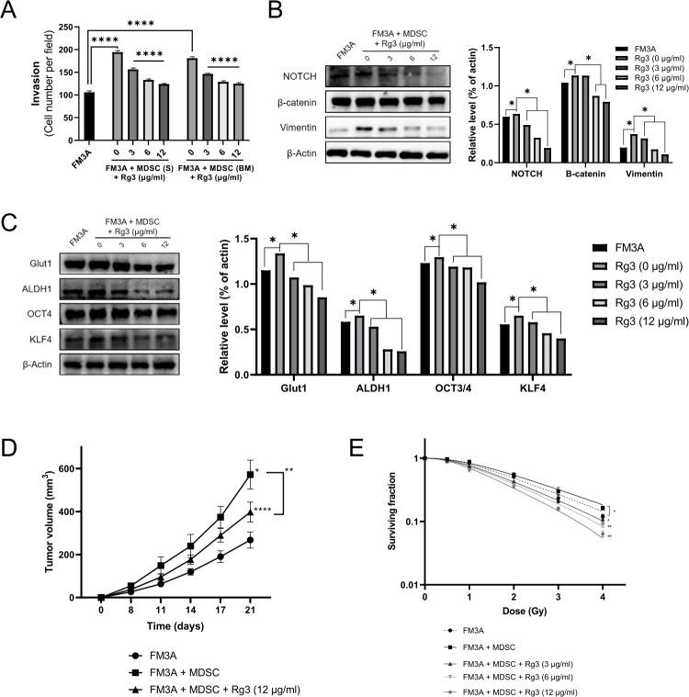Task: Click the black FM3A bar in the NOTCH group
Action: click(507, 140)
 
